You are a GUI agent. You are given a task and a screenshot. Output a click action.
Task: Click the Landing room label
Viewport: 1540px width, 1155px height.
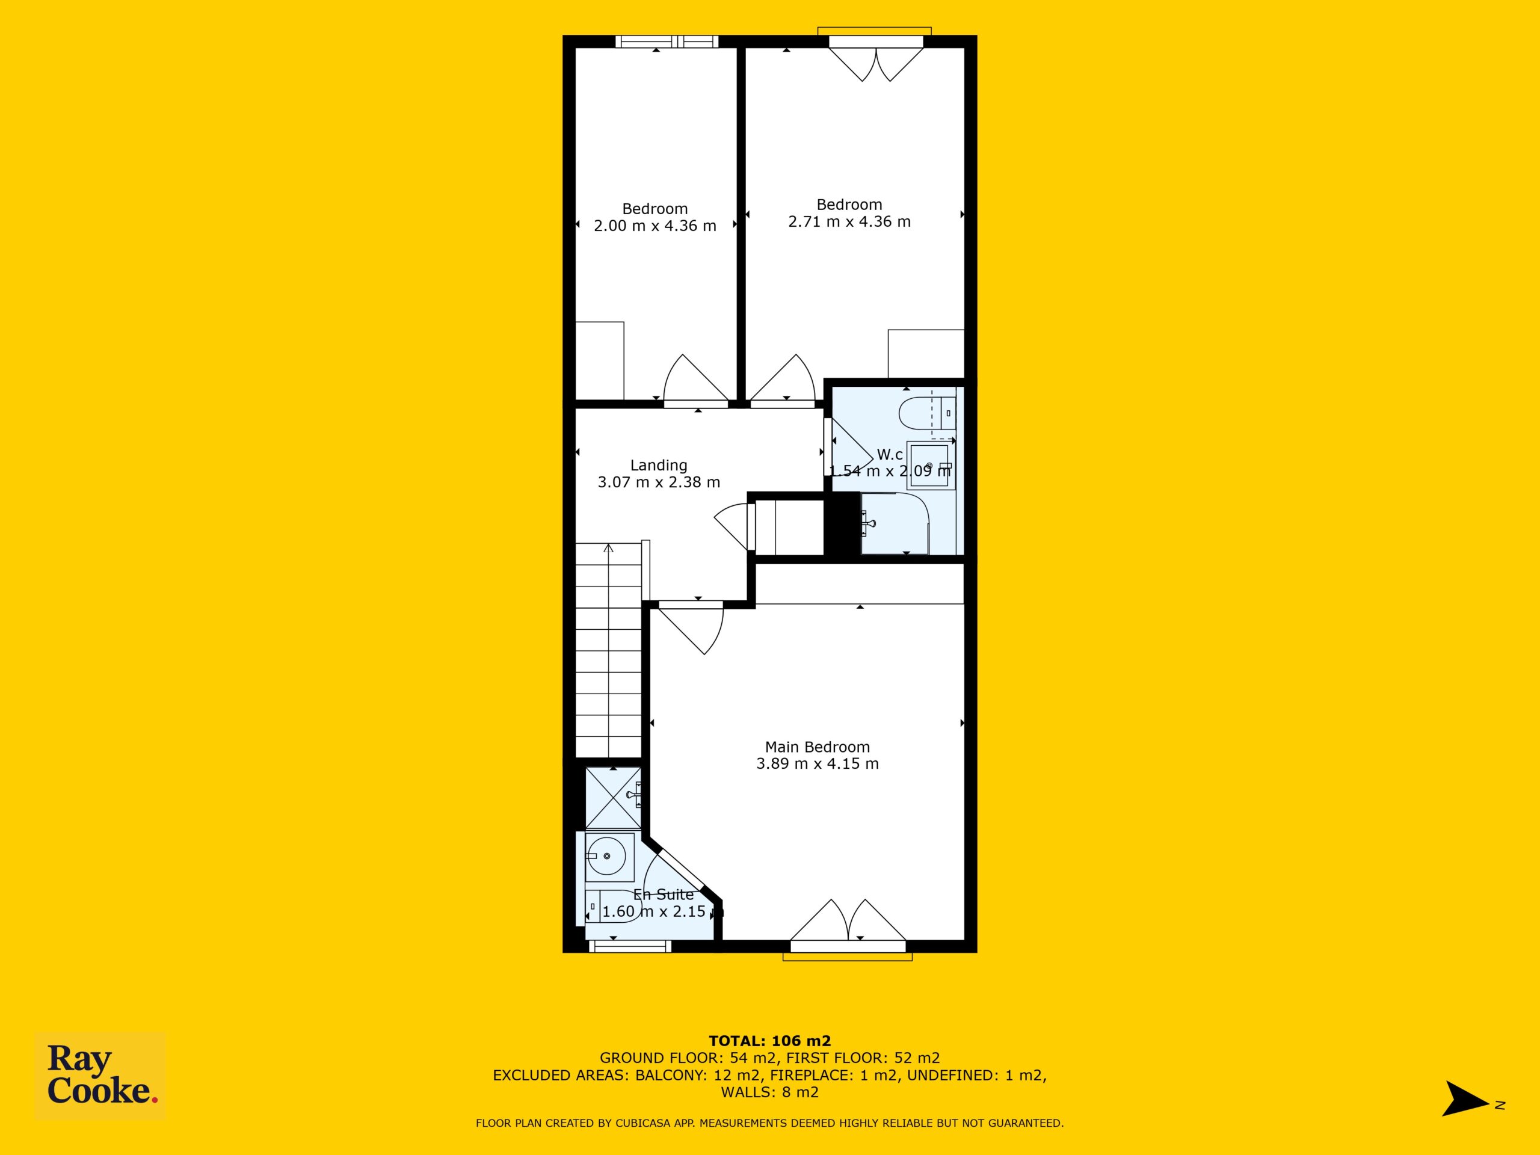(659, 465)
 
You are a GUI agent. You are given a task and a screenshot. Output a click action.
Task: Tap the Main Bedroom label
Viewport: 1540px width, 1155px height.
(818, 747)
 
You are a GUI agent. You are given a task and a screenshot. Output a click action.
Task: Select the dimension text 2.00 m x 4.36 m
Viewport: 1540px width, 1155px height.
(655, 226)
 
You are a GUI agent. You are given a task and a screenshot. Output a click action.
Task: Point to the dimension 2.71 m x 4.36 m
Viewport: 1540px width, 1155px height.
(849, 221)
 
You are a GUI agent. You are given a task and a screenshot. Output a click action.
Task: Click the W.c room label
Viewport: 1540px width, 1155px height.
(890, 455)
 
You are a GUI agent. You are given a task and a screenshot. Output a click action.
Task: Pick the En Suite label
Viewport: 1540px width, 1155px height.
(664, 895)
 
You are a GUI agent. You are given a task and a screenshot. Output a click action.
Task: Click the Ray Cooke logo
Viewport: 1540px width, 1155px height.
(100, 1076)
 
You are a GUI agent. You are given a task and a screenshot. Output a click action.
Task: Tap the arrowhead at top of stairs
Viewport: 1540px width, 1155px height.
(609, 547)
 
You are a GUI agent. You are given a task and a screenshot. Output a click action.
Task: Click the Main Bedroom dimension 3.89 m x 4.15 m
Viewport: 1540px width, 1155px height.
(818, 764)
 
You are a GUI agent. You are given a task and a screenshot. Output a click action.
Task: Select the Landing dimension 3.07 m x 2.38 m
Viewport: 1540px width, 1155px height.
(659, 482)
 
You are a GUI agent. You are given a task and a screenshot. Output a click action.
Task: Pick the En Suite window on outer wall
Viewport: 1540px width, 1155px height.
(630, 946)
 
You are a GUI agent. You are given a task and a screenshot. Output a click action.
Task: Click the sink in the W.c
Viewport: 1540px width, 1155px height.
(929, 465)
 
